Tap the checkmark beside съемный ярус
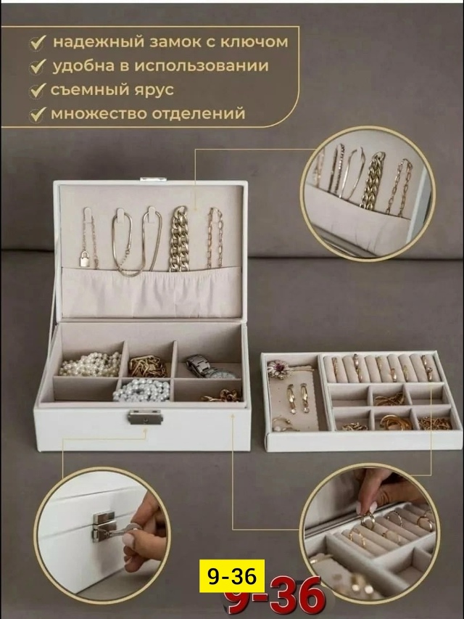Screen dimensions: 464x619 pyautogui.click(x=38, y=91)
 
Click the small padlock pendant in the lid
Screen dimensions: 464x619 pyautogui.click(x=84, y=259)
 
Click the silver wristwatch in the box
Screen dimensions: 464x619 pyautogui.click(x=209, y=367)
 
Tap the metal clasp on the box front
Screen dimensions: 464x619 pyautogui.click(x=145, y=417)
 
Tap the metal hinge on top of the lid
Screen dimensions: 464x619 pyautogui.click(x=153, y=180)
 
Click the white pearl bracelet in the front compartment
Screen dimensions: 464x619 pyautogui.click(x=141, y=390)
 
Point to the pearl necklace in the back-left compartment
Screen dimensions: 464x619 pyautogui.click(x=91, y=364)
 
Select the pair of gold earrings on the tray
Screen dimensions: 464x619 pyautogui.click(x=297, y=398)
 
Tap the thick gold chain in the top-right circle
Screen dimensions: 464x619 pyautogui.click(x=372, y=181)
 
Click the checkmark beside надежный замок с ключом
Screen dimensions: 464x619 pyautogui.click(x=38, y=43)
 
